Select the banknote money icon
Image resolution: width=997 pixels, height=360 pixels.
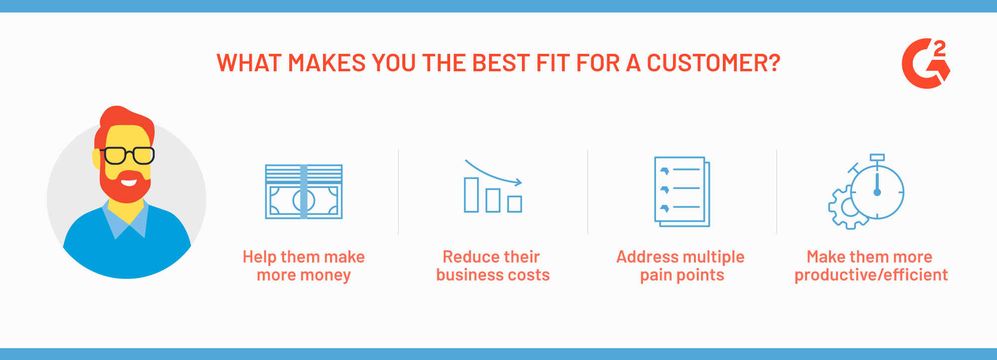point(304,191)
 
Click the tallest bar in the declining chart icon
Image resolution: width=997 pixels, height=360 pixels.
point(471,195)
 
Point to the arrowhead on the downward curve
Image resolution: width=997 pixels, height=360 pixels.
point(518,182)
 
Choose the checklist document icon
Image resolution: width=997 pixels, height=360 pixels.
point(682,192)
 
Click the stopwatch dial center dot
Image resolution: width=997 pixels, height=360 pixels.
point(877,192)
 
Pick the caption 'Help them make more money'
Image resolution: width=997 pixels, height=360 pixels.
point(304,266)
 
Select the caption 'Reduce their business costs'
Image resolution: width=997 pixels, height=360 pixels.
point(493,266)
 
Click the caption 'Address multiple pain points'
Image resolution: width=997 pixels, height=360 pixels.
point(681,266)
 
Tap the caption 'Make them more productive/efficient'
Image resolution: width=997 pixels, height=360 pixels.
point(871,266)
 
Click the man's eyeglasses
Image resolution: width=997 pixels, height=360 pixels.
point(128,156)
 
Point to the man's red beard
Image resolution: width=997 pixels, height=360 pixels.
point(125,189)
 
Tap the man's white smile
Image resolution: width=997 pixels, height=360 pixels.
point(129,181)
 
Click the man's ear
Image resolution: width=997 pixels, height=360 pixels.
point(96,159)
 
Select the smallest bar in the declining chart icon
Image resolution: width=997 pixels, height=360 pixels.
point(514,204)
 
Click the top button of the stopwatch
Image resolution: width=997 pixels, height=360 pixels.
point(877,158)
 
